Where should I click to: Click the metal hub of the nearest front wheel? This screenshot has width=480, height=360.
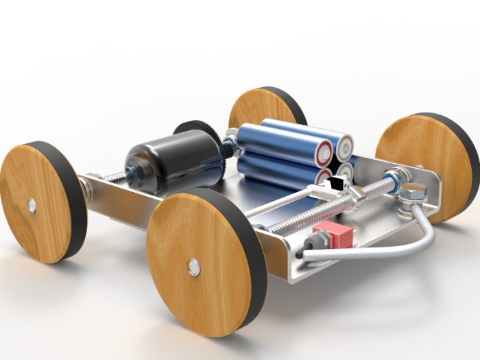[x=195, y=267]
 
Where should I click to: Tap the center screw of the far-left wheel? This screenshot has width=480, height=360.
[x=32, y=205]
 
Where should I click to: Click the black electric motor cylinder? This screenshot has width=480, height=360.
[x=176, y=161]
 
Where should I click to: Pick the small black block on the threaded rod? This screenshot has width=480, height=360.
[x=337, y=184]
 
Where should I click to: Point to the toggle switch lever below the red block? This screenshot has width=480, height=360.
[x=316, y=242]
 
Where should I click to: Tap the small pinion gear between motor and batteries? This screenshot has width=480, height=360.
[x=228, y=147]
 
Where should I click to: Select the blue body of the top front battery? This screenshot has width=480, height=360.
[x=274, y=143]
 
